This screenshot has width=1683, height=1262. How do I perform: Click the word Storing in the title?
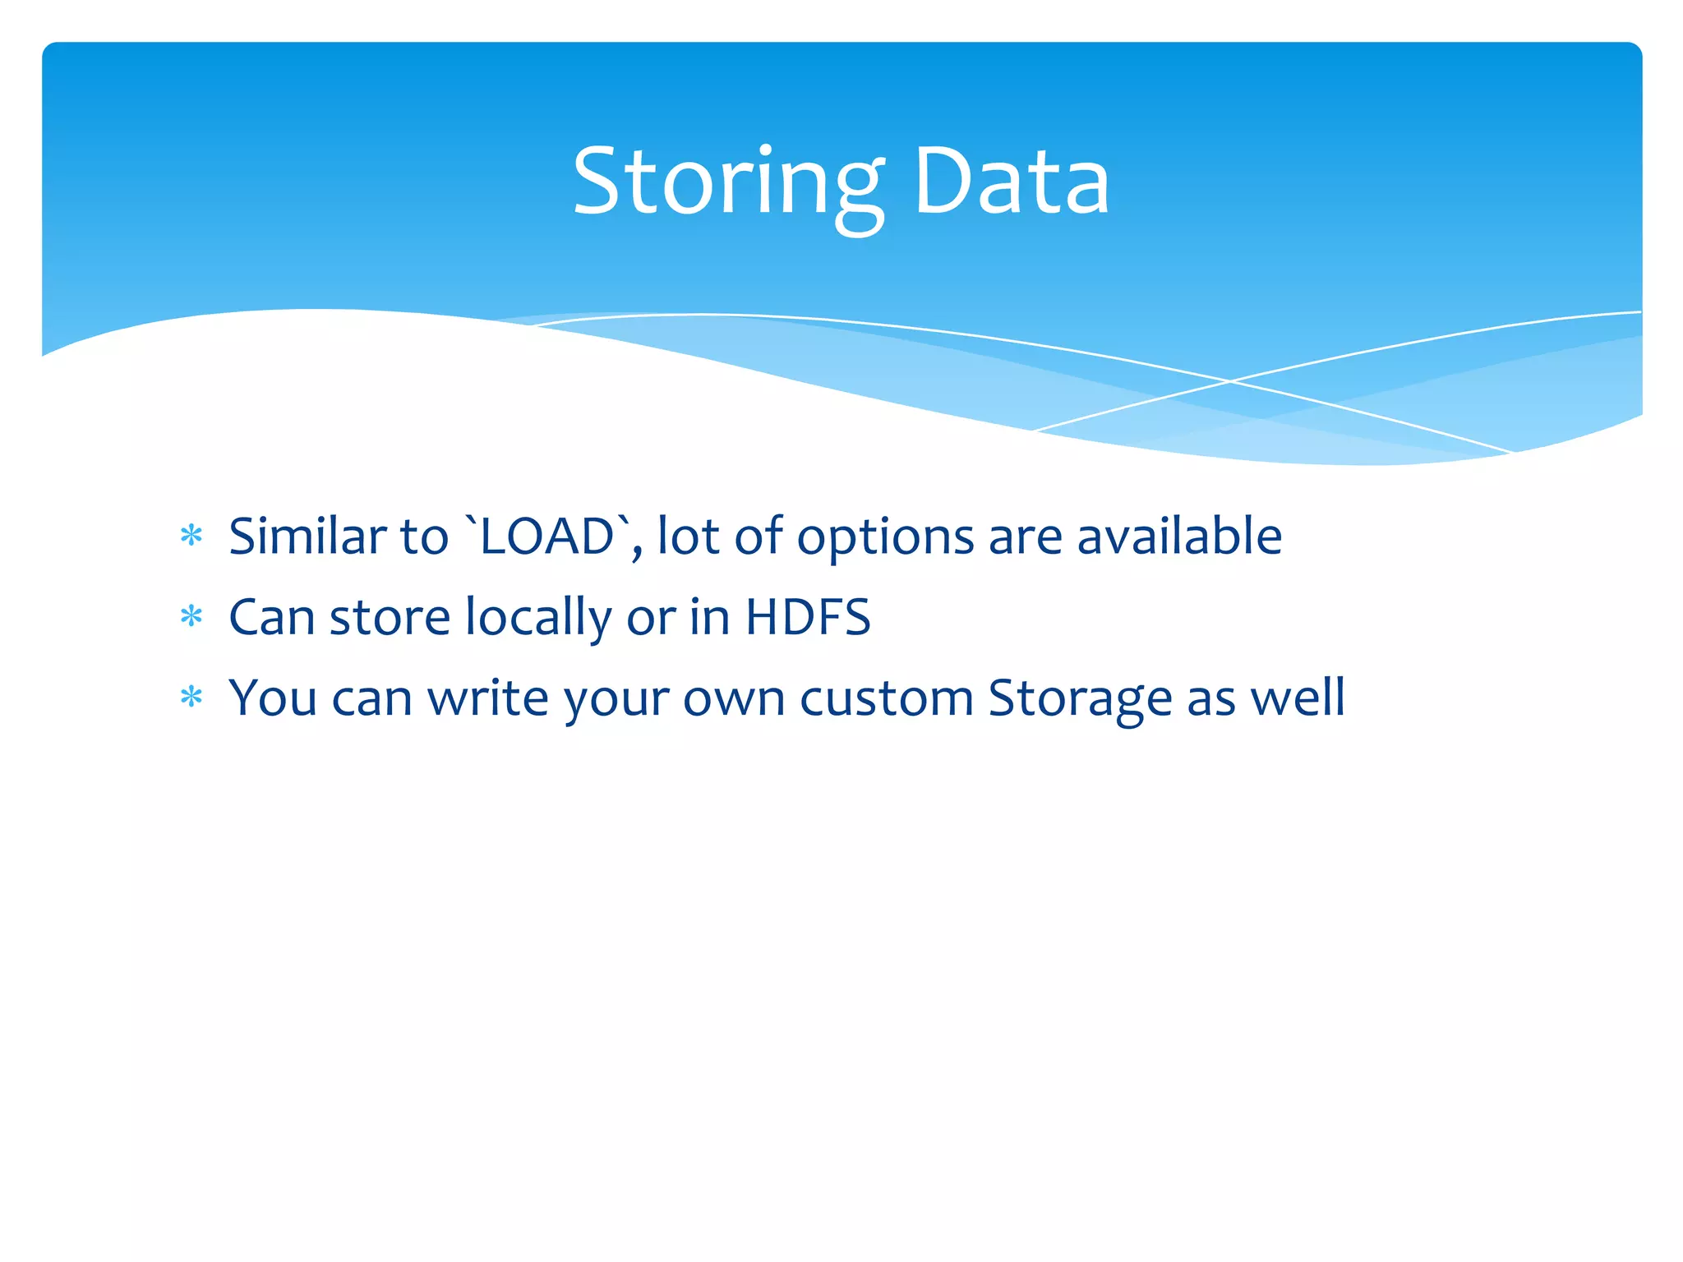click(x=728, y=182)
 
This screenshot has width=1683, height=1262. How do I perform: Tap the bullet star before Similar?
click(x=191, y=537)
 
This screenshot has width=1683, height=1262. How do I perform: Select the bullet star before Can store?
click(x=191, y=617)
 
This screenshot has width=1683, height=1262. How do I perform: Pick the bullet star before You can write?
click(x=191, y=698)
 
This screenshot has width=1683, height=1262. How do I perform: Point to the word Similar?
click(x=307, y=537)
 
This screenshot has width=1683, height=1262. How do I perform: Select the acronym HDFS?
click(x=807, y=617)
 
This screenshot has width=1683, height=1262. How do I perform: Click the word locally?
click(x=538, y=619)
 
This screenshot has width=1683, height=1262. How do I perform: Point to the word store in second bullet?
click(x=390, y=619)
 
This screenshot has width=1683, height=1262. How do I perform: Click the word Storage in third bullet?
click(x=1080, y=699)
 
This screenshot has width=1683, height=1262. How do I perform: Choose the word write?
click(x=488, y=698)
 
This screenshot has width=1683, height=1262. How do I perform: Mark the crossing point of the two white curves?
click(x=1230, y=381)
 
